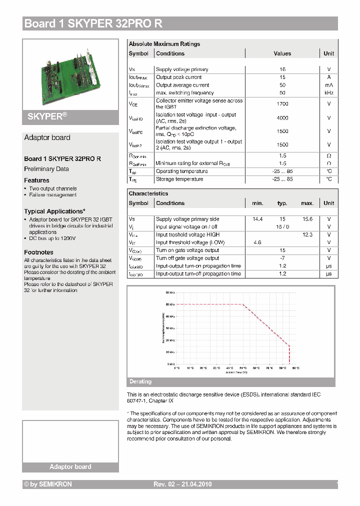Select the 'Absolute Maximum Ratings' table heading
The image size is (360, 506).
coord(164,44)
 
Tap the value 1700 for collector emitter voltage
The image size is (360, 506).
coord(282,103)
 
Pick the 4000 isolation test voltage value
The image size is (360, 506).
coord(282,118)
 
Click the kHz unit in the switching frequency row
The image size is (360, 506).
coord(328,93)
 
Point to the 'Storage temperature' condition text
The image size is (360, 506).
coord(179,179)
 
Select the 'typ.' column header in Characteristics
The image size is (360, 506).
coord(282,203)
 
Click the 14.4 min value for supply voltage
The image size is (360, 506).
coord(257,219)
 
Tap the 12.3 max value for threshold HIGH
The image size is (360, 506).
coord(307,234)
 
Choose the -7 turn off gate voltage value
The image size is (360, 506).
coord(282,258)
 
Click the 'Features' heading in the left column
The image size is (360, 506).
coord(36,180)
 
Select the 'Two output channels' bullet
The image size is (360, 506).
coord(52,188)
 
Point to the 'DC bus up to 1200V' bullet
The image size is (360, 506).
coord(52,238)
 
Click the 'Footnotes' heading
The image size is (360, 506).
coord(38,252)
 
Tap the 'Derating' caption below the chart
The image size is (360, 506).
coord(140,381)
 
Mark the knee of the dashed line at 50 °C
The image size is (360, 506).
coord(242,304)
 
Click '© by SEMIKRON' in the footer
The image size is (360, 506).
coord(48,484)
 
